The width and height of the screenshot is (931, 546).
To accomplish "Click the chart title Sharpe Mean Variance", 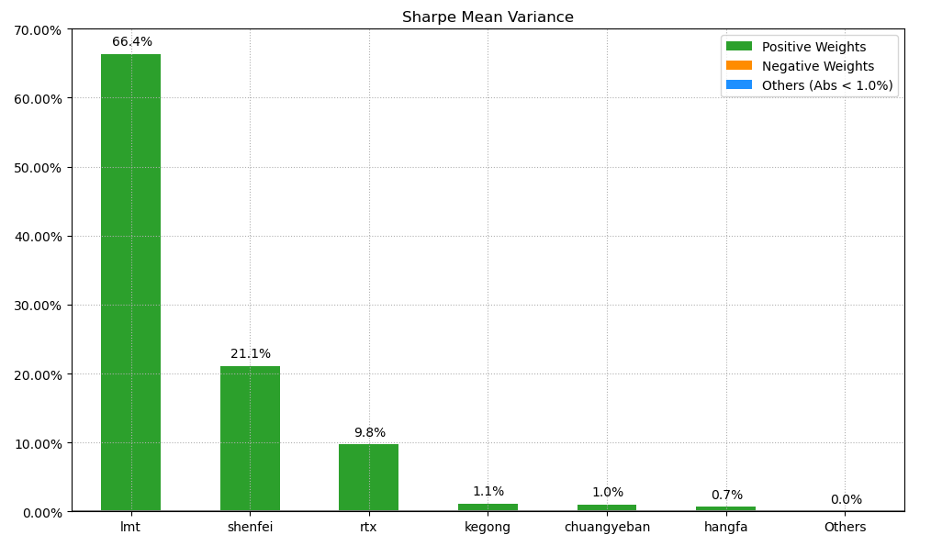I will click(488, 17).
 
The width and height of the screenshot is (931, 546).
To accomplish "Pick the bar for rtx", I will click(368, 477).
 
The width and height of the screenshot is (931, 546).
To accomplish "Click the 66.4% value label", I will click(132, 42).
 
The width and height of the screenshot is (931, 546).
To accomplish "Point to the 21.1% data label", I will click(251, 354).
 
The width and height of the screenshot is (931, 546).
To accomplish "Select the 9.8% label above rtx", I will click(370, 433).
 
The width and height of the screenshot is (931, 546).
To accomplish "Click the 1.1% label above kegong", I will click(488, 492).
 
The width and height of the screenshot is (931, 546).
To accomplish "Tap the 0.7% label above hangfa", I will click(726, 496).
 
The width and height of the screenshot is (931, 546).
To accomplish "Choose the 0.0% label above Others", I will click(846, 500).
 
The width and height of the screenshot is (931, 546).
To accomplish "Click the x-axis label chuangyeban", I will click(607, 528).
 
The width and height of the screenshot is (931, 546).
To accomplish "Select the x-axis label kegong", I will click(488, 528).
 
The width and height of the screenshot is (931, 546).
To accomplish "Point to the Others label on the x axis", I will click(845, 528).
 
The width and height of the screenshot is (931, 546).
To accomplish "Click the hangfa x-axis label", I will click(725, 528).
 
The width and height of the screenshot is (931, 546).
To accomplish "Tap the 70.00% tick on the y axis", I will click(38, 30).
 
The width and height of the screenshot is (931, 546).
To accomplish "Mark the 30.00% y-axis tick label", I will click(38, 306).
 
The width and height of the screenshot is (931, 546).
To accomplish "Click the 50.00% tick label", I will click(38, 168).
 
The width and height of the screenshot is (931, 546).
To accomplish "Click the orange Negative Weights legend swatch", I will click(738, 66).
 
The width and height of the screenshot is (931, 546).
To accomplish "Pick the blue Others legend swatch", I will click(738, 85).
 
